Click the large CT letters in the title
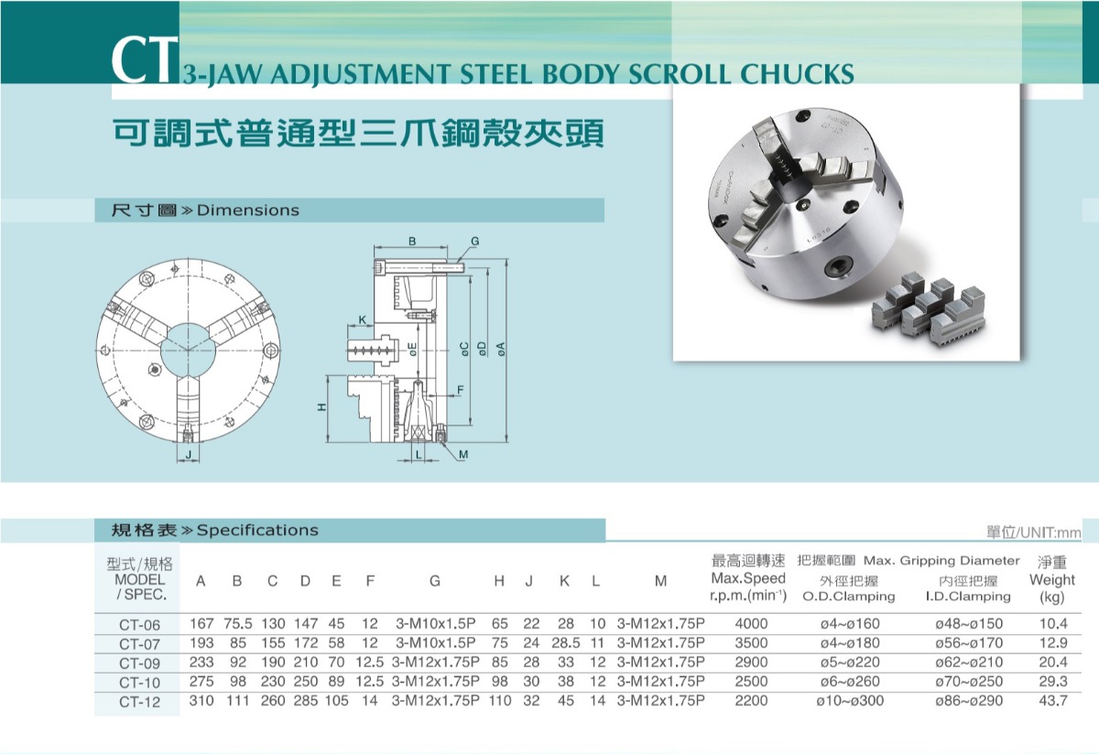[145, 59]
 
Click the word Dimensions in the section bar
[248, 210]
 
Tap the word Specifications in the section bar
[257, 530]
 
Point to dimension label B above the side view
[412, 242]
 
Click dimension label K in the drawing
[362, 320]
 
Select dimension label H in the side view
[321, 407]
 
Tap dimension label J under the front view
[189, 455]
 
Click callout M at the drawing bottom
[463, 455]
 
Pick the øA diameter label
[500, 349]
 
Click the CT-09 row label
[140, 663]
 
